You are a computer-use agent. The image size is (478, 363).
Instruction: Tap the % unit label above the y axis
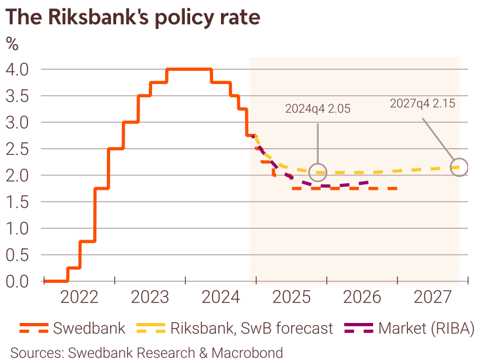[12, 45]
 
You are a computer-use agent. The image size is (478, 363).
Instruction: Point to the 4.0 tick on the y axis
[18, 69]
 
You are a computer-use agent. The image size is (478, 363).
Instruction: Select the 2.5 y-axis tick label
[18, 149]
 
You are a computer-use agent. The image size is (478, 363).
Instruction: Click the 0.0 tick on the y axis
[18, 282]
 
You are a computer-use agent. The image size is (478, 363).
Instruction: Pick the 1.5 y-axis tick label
[18, 202]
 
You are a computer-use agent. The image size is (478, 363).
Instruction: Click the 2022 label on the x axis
[79, 298]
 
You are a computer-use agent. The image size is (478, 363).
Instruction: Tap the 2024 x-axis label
[220, 298]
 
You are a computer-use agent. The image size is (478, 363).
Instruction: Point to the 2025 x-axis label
[291, 298]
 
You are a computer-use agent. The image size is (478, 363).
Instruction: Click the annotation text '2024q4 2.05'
[318, 109]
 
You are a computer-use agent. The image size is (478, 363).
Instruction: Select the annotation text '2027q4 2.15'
[422, 103]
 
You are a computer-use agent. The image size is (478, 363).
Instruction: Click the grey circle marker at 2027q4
[460, 167]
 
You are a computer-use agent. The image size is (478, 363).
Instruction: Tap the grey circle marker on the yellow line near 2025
[318, 172]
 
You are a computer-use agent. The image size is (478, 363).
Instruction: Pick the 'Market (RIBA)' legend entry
[413, 328]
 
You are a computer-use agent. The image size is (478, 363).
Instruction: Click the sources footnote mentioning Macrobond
[146, 352]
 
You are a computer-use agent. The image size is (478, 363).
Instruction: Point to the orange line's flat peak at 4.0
[189, 69]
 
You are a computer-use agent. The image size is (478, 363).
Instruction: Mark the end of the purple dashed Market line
[368, 183]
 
